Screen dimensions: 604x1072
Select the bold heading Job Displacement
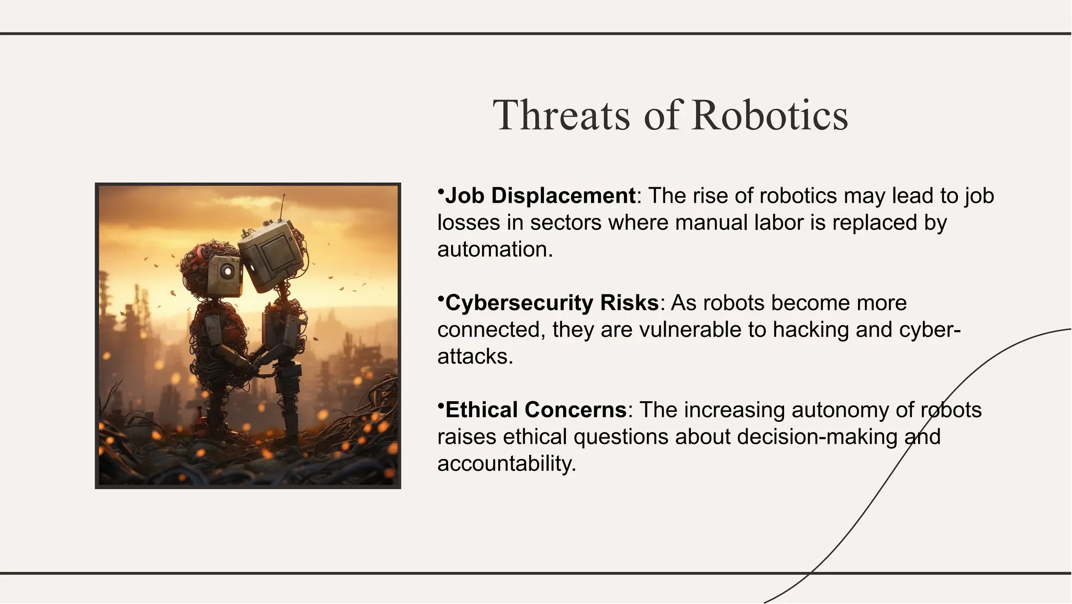[x=540, y=196]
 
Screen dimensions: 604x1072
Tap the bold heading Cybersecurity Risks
[x=552, y=303]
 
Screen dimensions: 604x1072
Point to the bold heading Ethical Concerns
[x=536, y=410]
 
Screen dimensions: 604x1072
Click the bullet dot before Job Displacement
[x=441, y=191]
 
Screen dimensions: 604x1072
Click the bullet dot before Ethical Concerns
[x=441, y=405]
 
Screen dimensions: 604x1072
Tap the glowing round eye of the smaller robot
[x=227, y=271]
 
